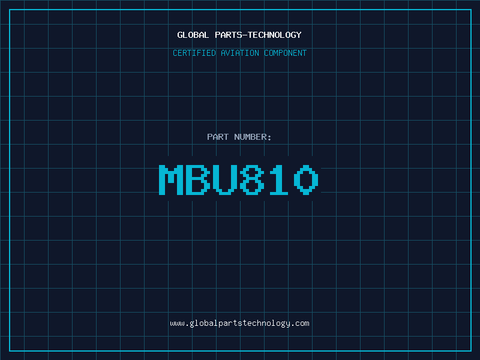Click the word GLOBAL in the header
(x=193, y=35)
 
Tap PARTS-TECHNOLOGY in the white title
(x=258, y=35)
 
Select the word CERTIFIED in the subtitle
(x=194, y=53)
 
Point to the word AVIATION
(x=239, y=53)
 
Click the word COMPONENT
(x=285, y=53)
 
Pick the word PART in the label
(x=218, y=137)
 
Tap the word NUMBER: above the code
(x=253, y=137)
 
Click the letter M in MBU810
(x=171, y=179)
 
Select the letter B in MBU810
(x=198, y=179)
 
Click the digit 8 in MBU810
(x=252, y=179)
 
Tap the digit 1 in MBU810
(x=278, y=179)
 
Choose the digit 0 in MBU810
(x=306, y=179)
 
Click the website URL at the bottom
(x=239, y=323)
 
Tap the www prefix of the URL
(x=177, y=323)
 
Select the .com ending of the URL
(x=301, y=323)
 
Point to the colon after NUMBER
(x=269, y=138)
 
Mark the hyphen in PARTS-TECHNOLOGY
(x=244, y=35)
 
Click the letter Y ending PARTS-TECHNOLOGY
(x=299, y=35)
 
